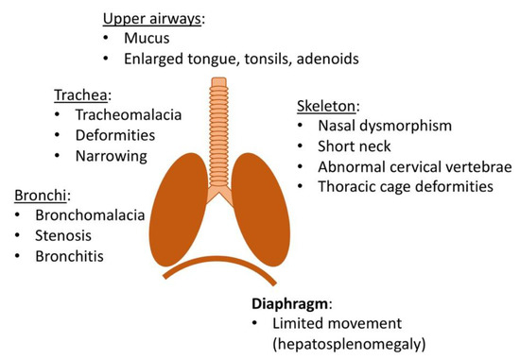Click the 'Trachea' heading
tap(82, 95)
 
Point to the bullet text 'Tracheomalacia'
tap(129, 115)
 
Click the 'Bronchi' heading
tap(41, 196)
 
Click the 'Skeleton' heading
tap(325, 105)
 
